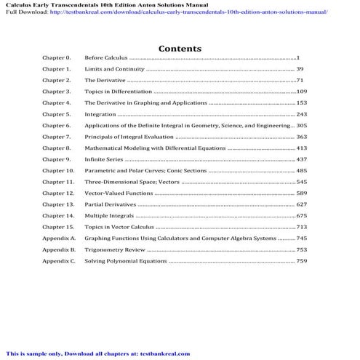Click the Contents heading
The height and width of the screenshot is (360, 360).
[x=180, y=48]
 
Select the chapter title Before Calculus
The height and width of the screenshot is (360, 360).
[x=105, y=57]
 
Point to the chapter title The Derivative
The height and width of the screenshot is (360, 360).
[x=106, y=80]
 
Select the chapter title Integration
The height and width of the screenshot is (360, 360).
[x=100, y=114]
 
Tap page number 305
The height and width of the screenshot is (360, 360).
[x=301, y=125]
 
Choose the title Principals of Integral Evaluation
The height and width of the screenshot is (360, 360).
[x=129, y=137]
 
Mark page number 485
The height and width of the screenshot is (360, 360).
[x=301, y=170]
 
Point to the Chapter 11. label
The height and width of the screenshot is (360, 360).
[x=57, y=182]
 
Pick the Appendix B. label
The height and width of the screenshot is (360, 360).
[x=58, y=249]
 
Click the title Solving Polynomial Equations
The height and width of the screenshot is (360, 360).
[x=125, y=260]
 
